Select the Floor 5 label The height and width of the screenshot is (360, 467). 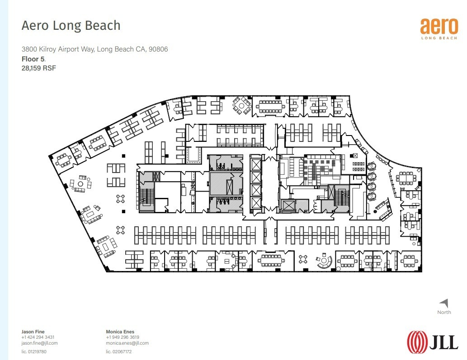[33, 59]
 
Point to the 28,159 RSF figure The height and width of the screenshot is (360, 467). [38, 68]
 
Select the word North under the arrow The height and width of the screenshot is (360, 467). [444, 313]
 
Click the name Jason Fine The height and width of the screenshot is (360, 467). [33, 332]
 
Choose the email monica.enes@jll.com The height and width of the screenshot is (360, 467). [127, 343]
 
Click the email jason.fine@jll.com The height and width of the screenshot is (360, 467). [39, 343]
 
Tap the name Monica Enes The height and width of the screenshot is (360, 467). [119, 332]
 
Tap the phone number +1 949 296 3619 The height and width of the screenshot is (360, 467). [123, 337]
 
